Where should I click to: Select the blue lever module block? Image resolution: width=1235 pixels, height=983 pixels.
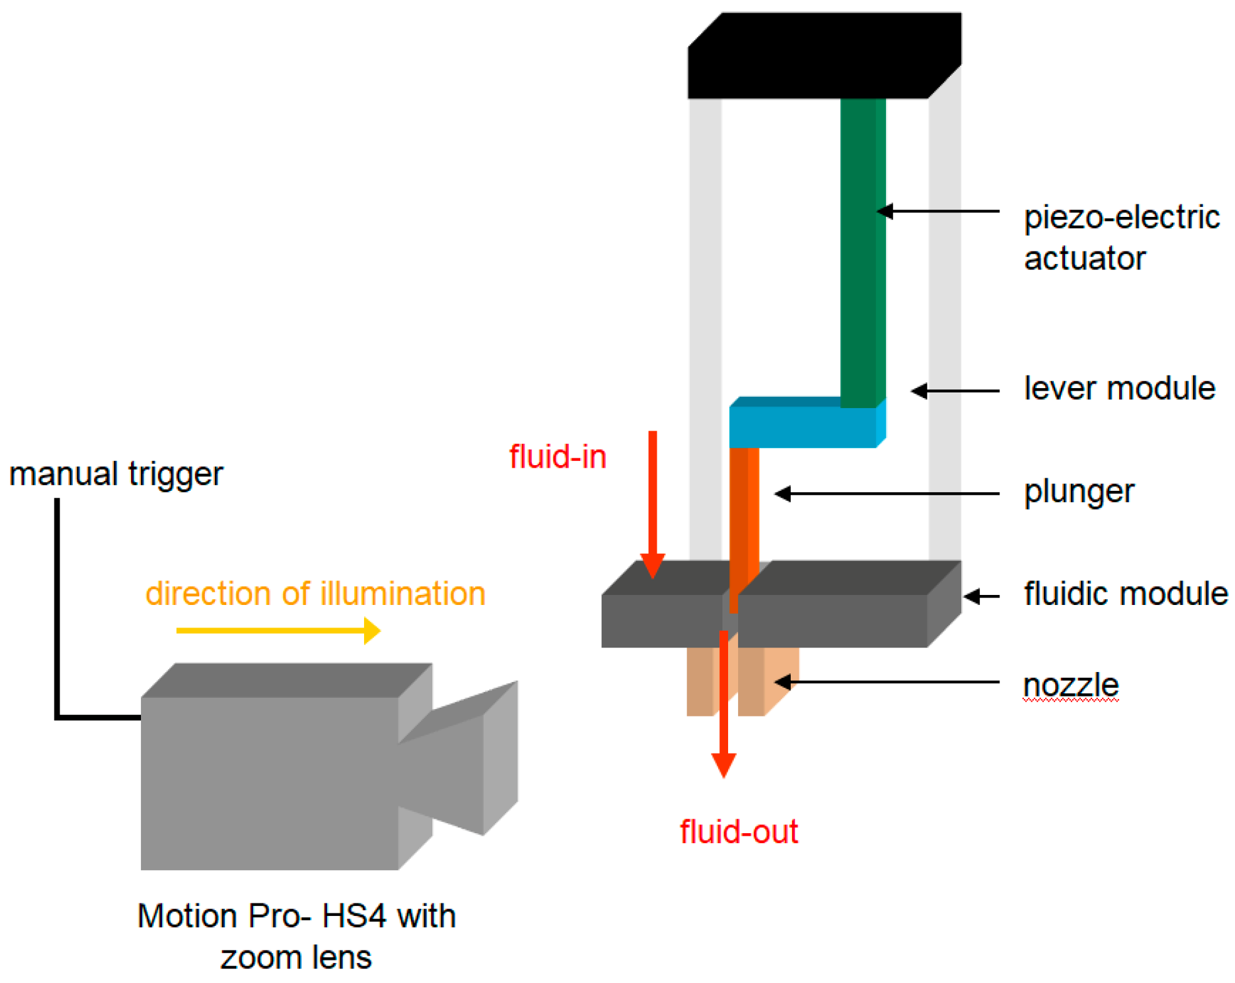coord(802,427)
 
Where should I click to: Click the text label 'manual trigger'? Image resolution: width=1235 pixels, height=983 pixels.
coord(116,473)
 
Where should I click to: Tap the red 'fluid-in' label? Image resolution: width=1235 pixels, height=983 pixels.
coord(558,456)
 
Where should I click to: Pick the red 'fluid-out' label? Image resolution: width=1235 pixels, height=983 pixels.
coord(739,832)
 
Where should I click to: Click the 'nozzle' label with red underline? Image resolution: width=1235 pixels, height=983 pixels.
coord(1070,684)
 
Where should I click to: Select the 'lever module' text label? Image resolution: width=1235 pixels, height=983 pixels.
coord(1119,388)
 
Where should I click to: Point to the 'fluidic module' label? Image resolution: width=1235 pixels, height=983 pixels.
coord(1125,593)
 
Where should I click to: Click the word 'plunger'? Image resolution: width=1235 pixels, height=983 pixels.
coord(1078,491)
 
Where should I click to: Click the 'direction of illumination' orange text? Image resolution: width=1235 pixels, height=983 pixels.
coord(315,593)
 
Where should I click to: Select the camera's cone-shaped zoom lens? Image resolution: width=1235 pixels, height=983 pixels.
coord(464,759)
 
